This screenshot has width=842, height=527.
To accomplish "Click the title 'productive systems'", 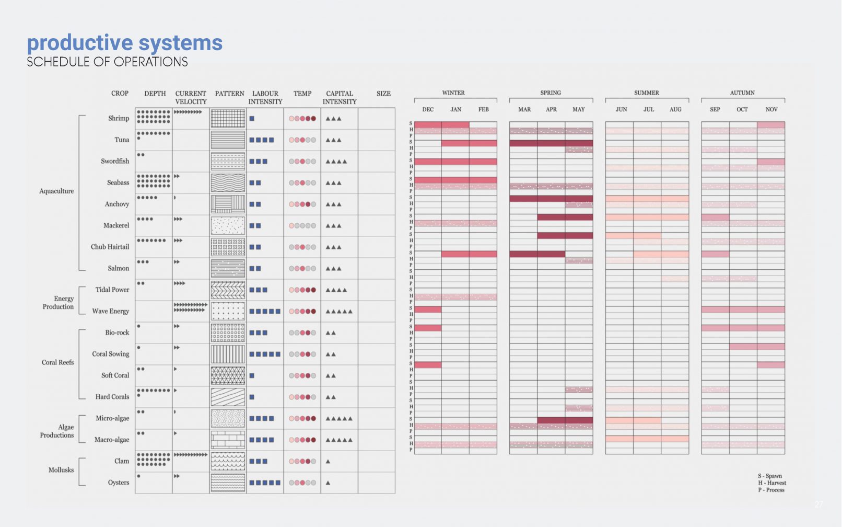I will coord(124,43).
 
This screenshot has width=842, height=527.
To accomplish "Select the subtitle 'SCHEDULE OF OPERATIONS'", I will coord(107,62).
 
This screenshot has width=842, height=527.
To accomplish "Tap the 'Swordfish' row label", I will coord(115,161).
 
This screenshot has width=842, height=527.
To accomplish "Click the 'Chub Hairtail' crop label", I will coord(110,247).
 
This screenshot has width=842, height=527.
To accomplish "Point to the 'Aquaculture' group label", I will coord(56,191).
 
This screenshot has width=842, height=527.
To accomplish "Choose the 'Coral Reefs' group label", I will coord(57,362).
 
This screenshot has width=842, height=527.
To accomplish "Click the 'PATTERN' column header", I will coord(229,94).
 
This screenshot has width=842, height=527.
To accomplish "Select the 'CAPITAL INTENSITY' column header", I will coord(340,97).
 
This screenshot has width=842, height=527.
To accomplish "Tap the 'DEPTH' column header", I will coord(155,94).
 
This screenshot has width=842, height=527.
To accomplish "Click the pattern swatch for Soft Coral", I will coord(228,376).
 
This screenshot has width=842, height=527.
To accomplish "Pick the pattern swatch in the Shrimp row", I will coord(228,119).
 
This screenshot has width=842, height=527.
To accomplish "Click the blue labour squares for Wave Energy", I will coord(265,312).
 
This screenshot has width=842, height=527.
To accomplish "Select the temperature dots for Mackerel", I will coord(302,226).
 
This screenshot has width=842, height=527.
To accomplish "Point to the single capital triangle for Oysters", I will coord(328,483).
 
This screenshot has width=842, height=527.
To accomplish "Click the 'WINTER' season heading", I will coord(453,93).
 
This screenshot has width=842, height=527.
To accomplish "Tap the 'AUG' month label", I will coord(675,110).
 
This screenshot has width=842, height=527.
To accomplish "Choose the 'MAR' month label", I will coord(524,110).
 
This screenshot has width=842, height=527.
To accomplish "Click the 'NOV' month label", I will coord(771,110).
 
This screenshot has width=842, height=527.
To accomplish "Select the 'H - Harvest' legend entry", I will coord(772,483).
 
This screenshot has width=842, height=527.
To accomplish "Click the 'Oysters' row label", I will coord(119,483).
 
